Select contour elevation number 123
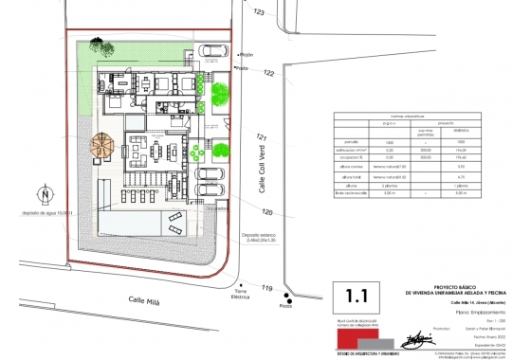(x=259, y=11)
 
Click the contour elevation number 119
(x=268, y=288)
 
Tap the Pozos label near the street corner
(x=285, y=305)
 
